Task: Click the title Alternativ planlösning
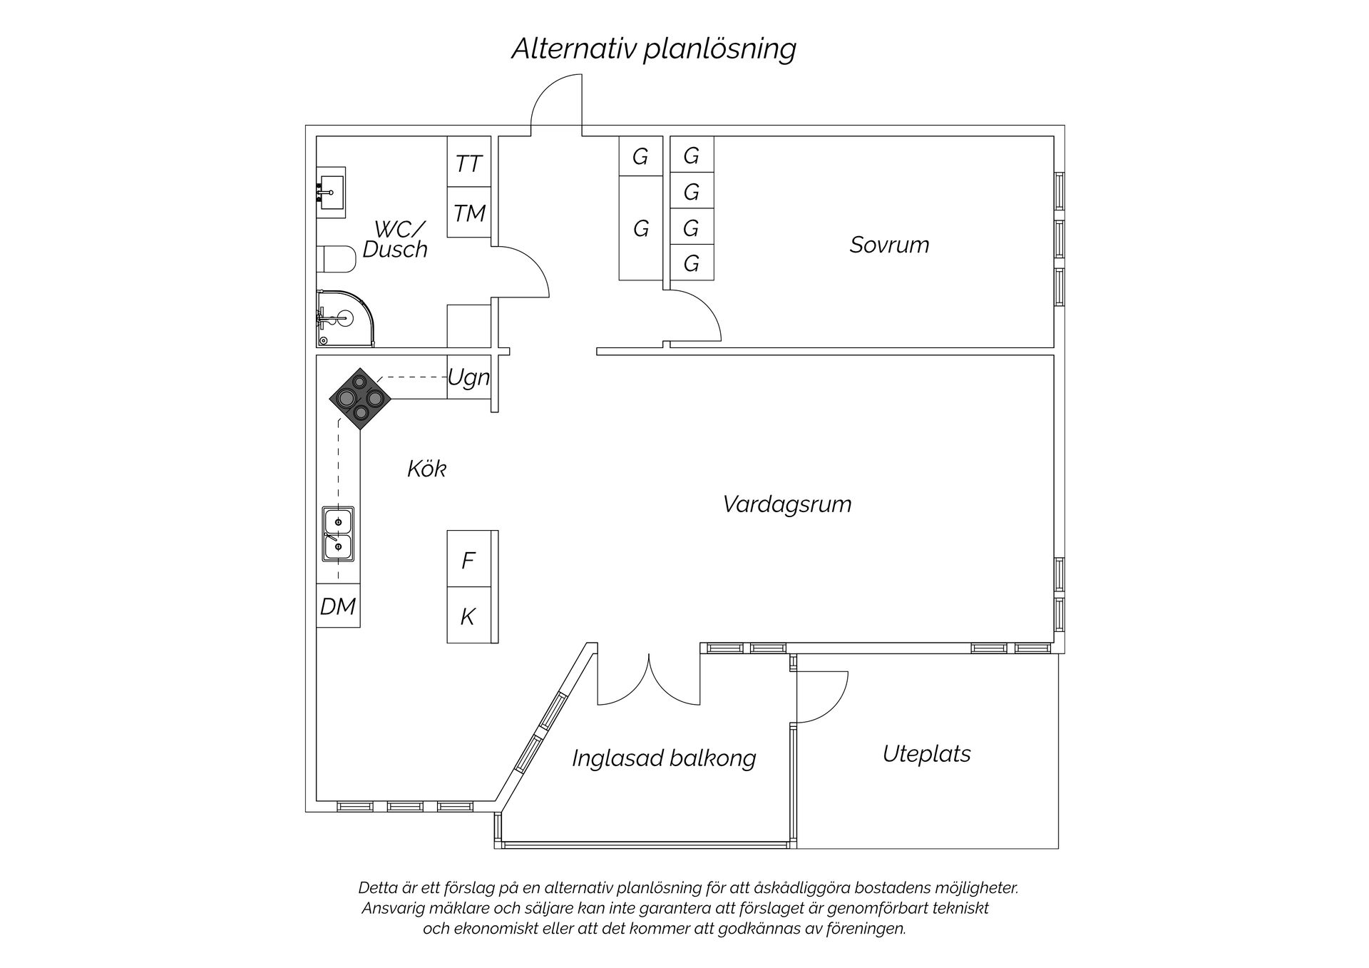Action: click(x=653, y=49)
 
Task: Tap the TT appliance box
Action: click(x=468, y=163)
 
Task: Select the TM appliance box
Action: click(x=468, y=213)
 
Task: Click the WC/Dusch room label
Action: click(x=396, y=240)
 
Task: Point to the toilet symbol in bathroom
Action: click(x=337, y=260)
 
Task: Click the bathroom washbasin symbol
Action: click(x=332, y=192)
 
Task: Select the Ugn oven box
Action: click(x=468, y=377)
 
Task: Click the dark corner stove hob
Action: click(x=360, y=398)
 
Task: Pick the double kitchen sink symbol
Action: click(x=338, y=534)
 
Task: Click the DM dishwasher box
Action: click(x=338, y=606)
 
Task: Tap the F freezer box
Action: click(x=468, y=560)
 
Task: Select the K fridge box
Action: click(x=468, y=616)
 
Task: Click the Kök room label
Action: click(x=426, y=469)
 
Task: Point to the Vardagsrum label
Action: click(x=787, y=504)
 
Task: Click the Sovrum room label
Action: click(x=889, y=245)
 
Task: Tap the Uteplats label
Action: click(x=926, y=754)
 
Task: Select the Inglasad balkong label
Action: click(x=664, y=758)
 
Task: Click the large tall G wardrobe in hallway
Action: click(x=640, y=228)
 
